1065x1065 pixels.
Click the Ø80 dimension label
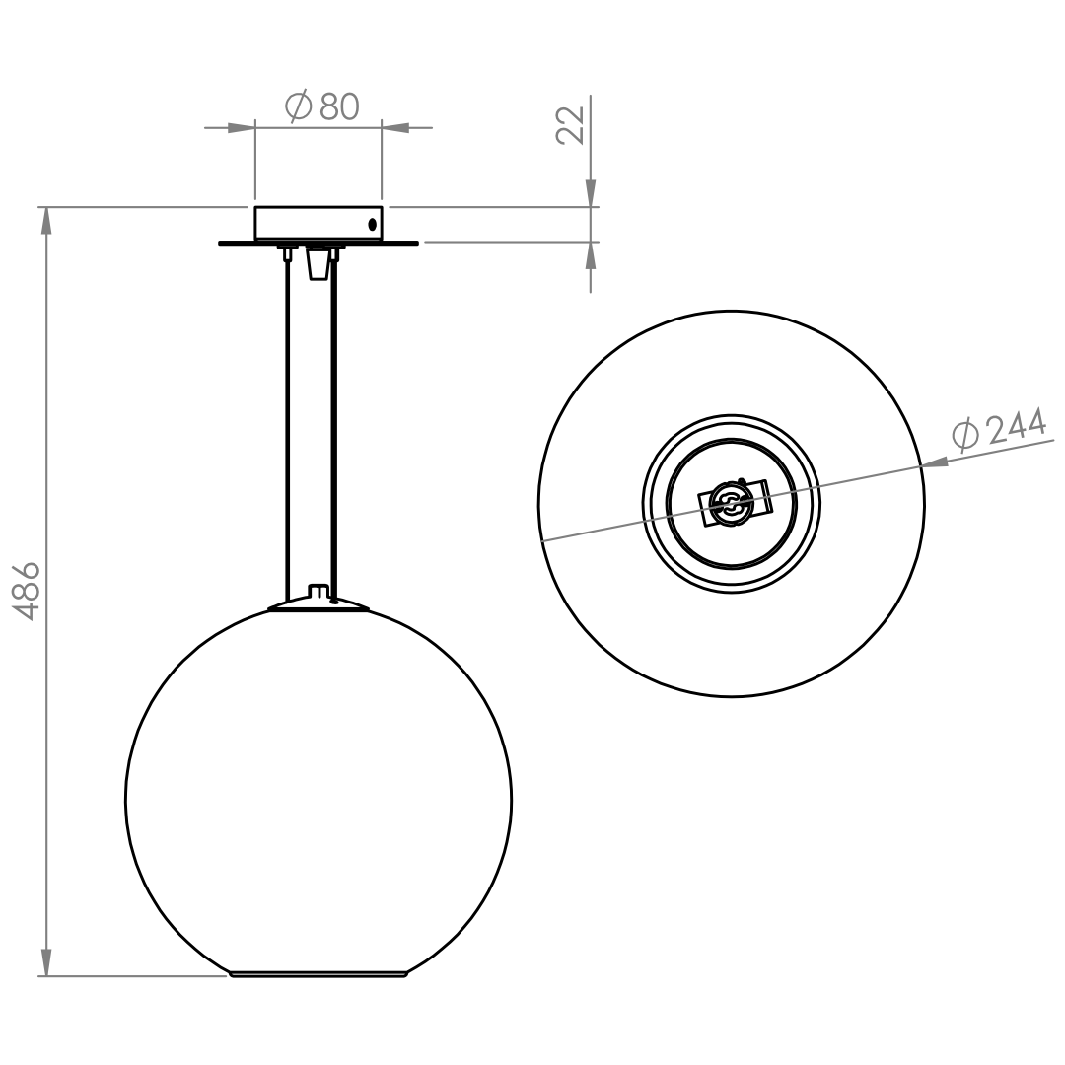tap(321, 106)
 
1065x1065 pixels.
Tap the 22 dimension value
tap(571, 125)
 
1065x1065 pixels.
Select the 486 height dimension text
tap(29, 591)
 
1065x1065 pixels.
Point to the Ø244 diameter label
tap(998, 431)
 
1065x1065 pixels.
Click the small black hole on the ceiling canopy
tap(372, 224)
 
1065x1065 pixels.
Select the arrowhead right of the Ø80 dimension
tap(395, 127)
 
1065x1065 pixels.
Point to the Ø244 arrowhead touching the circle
tap(935, 462)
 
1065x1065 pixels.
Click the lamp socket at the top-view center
tap(731, 503)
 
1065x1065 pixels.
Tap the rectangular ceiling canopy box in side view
tap(318, 224)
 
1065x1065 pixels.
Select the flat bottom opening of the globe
tap(318, 974)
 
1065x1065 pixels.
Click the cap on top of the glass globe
tap(319, 604)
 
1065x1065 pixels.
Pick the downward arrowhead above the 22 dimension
tap(591, 193)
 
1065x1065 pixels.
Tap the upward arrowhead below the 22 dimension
tap(591, 255)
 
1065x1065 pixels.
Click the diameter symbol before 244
tap(964, 436)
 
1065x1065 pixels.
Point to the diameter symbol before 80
tap(298, 106)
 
